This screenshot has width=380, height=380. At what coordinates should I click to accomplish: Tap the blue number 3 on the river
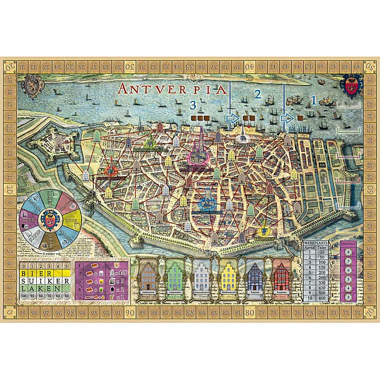click(193, 105)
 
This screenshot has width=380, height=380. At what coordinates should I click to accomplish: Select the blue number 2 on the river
click(258, 94)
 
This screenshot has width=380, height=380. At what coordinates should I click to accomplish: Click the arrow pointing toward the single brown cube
click(287, 119)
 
